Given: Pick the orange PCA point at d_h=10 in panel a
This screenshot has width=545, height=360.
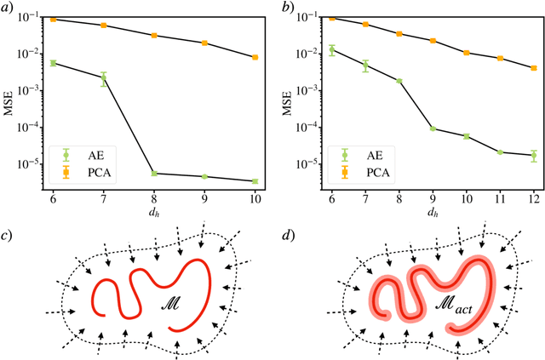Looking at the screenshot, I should pyautogui.click(x=255, y=57).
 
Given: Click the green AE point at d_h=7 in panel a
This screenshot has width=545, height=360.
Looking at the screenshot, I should pyautogui.click(x=104, y=78).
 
